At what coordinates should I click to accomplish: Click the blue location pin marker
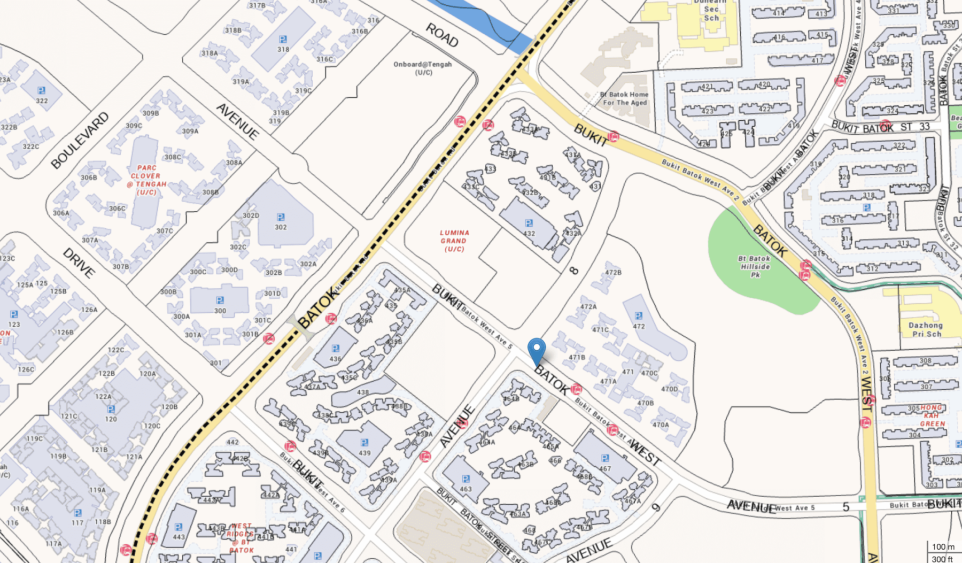tap(537, 350)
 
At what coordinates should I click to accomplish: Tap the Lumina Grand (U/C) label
tap(454, 241)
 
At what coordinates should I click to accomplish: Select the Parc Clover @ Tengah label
tap(146, 180)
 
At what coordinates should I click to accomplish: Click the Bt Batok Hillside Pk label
tap(755, 266)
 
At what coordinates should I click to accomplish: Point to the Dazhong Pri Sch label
tap(926, 329)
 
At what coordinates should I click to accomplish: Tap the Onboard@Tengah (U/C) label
tap(423, 68)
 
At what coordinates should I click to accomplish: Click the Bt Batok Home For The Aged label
tap(624, 98)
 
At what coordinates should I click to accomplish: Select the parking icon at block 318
tap(283, 40)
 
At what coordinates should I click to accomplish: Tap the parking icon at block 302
tap(281, 217)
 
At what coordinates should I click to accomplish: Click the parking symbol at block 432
tap(529, 223)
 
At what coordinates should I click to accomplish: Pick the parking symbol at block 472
tap(638, 316)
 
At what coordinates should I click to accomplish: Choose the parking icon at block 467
tap(605, 458)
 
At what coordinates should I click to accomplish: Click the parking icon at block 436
tap(335, 349)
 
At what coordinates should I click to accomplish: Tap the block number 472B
tap(613, 273)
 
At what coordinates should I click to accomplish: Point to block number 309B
tap(151, 113)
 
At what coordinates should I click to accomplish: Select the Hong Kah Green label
tap(932, 415)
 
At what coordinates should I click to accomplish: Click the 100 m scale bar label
tap(943, 546)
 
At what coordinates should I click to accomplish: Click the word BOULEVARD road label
tap(80, 141)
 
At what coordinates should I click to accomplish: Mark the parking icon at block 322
tap(41, 90)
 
